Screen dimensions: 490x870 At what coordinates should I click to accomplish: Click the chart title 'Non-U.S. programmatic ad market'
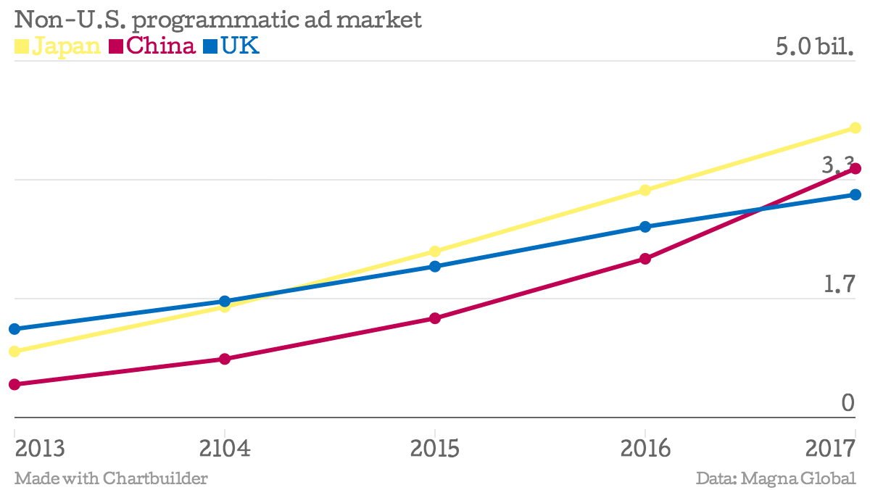pyautogui.click(x=217, y=20)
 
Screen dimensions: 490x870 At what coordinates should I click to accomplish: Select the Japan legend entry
pyautogui.click(x=57, y=46)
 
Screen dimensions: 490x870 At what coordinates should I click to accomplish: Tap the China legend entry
pyautogui.click(x=152, y=46)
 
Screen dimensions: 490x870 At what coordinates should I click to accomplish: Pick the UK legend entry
pyautogui.click(x=231, y=46)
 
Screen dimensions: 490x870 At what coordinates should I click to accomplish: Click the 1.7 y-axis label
pyautogui.click(x=839, y=285)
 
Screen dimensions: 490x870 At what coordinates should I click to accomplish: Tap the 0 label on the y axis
pyautogui.click(x=848, y=403)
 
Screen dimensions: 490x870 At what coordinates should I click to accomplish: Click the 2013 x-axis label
pyautogui.click(x=40, y=448)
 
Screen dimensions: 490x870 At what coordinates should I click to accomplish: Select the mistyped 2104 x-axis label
pyautogui.click(x=225, y=448)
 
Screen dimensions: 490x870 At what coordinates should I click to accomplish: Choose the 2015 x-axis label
pyautogui.click(x=435, y=448)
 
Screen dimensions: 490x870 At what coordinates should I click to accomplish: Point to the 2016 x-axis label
pyautogui.click(x=645, y=448)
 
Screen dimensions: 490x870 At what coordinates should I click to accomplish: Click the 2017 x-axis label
pyautogui.click(x=831, y=448)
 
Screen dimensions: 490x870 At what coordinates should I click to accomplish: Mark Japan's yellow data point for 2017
pyautogui.click(x=855, y=128)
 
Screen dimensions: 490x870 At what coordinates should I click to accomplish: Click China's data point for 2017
pyautogui.click(x=855, y=169)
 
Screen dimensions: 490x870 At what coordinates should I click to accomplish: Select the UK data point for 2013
pyautogui.click(x=14, y=329)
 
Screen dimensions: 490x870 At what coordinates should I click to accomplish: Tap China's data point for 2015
pyautogui.click(x=435, y=318)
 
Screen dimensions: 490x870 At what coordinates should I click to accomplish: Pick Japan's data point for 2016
pyautogui.click(x=645, y=190)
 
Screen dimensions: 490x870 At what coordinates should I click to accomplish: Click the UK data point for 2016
pyautogui.click(x=645, y=227)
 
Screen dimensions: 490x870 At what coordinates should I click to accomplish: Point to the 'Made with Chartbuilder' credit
pyautogui.click(x=111, y=478)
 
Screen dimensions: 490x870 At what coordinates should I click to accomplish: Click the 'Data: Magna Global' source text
pyautogui.click(x=776, y=478)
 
